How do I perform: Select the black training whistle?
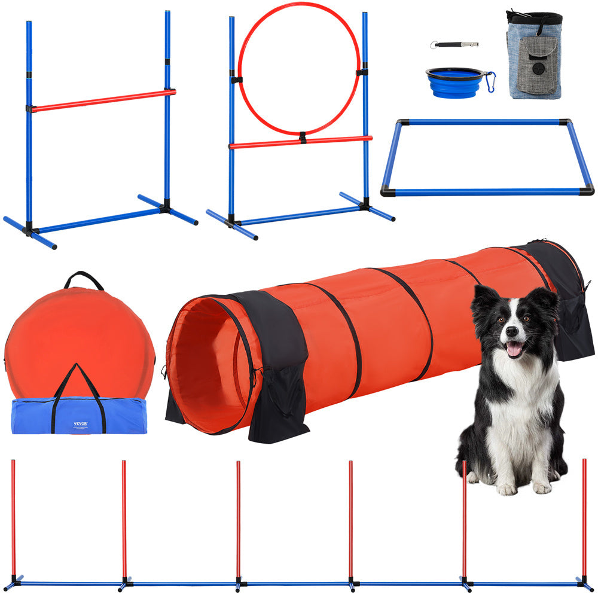pos(455,44)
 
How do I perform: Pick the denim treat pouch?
pos(534,54)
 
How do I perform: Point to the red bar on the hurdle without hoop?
pos(102,100)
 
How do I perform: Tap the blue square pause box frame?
pos(487,191)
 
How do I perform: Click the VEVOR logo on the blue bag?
pos(80,424)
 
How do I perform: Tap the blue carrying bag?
pos(36,416)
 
